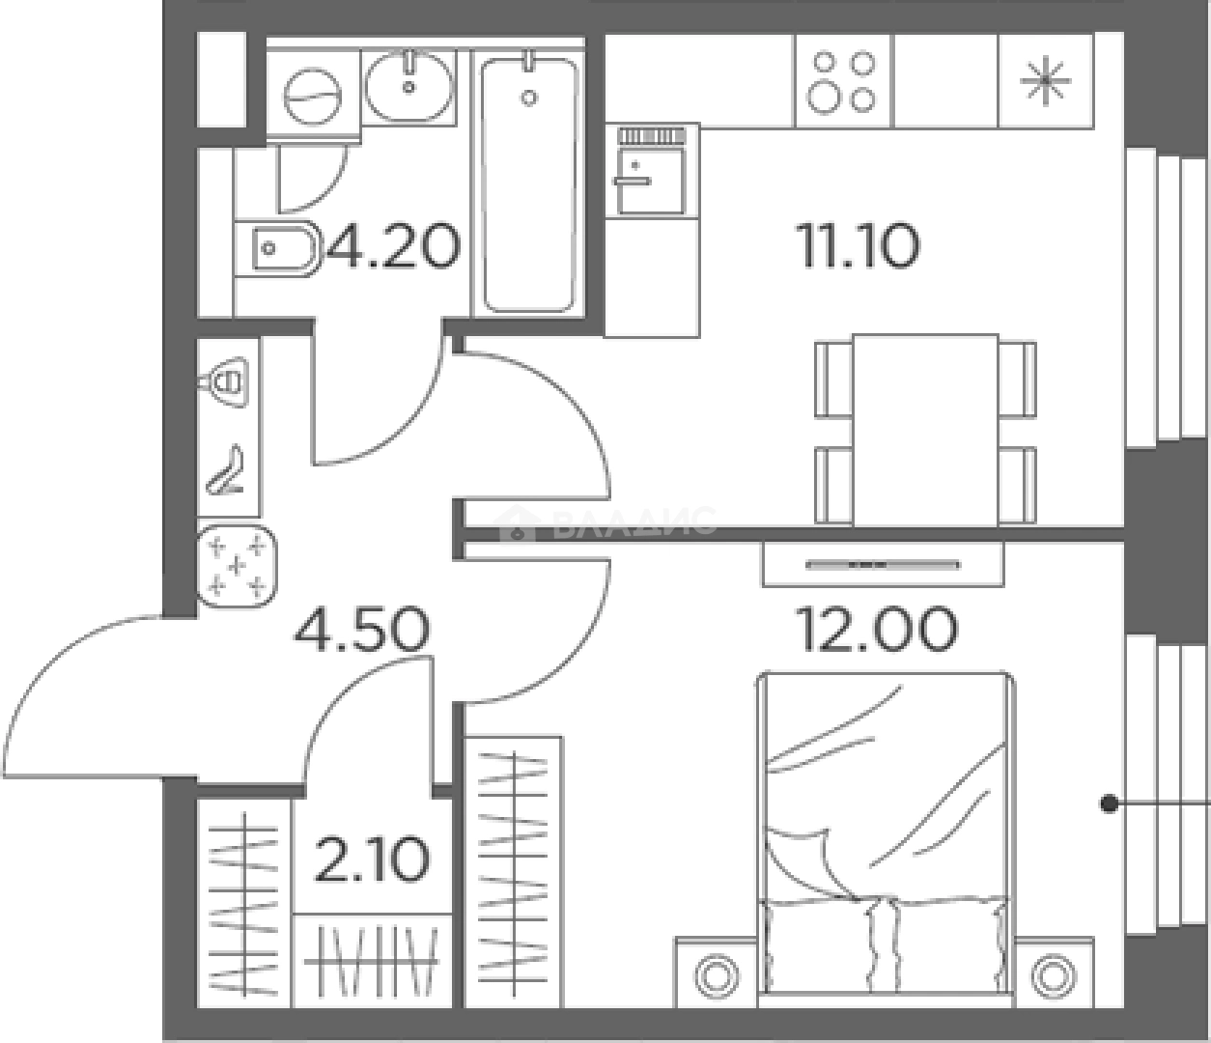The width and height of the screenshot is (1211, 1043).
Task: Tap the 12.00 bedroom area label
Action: [877, 629]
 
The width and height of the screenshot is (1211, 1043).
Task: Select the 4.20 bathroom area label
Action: [392, 247]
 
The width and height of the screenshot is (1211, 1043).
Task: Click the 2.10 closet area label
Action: [372, 860]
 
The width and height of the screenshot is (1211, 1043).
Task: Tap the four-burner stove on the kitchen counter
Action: [843, 81]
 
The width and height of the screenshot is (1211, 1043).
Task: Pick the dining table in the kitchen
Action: [924, 430]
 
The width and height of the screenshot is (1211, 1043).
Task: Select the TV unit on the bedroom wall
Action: [883, 563]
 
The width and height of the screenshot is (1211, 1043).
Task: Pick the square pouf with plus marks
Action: [237, 566]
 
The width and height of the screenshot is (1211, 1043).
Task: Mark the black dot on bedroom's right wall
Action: [1110, 803]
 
